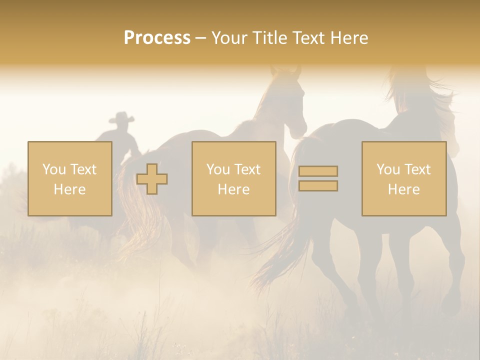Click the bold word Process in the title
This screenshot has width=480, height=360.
(157, 38)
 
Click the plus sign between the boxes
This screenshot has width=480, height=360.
(152, 179)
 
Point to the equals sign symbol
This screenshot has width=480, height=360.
(318, 178)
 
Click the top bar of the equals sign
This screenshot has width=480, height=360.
(318, 171)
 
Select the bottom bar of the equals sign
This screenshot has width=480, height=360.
(318, 185)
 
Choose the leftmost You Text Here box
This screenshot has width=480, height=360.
(70, 178)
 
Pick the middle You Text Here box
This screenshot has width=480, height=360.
(233, 178)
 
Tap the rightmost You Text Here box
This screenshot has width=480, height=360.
(403, 178)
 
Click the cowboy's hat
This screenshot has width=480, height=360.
(121, 118)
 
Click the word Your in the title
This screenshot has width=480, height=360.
(227, 38)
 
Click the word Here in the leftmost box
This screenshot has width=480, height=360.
(69, 189)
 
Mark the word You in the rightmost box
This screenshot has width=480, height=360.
(388, 169)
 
